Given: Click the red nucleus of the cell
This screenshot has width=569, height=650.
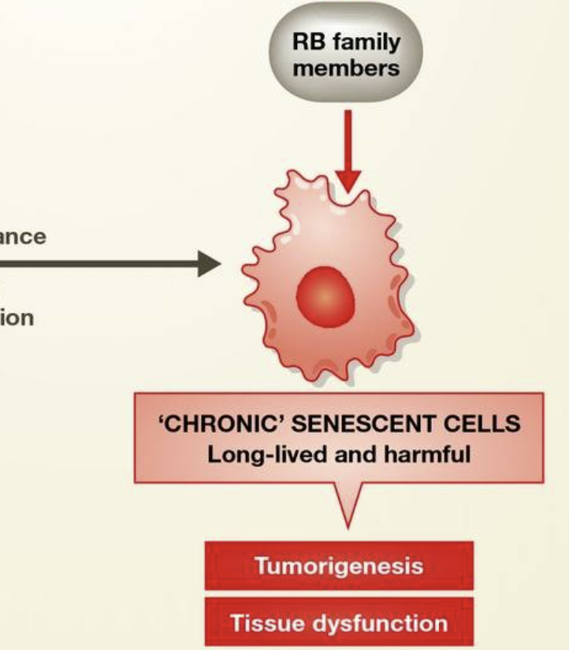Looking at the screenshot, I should [x=326, y=298].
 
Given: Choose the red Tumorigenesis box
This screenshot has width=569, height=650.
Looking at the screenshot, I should [x=339, y=566].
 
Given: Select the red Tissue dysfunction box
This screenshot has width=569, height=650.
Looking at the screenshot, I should [x=339, y=623].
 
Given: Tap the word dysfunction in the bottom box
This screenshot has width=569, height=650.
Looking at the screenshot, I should [x=379, y=624].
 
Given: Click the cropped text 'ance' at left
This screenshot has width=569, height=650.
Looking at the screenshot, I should [x=23, y=236].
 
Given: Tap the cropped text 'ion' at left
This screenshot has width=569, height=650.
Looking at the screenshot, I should [x=17, y=319].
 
